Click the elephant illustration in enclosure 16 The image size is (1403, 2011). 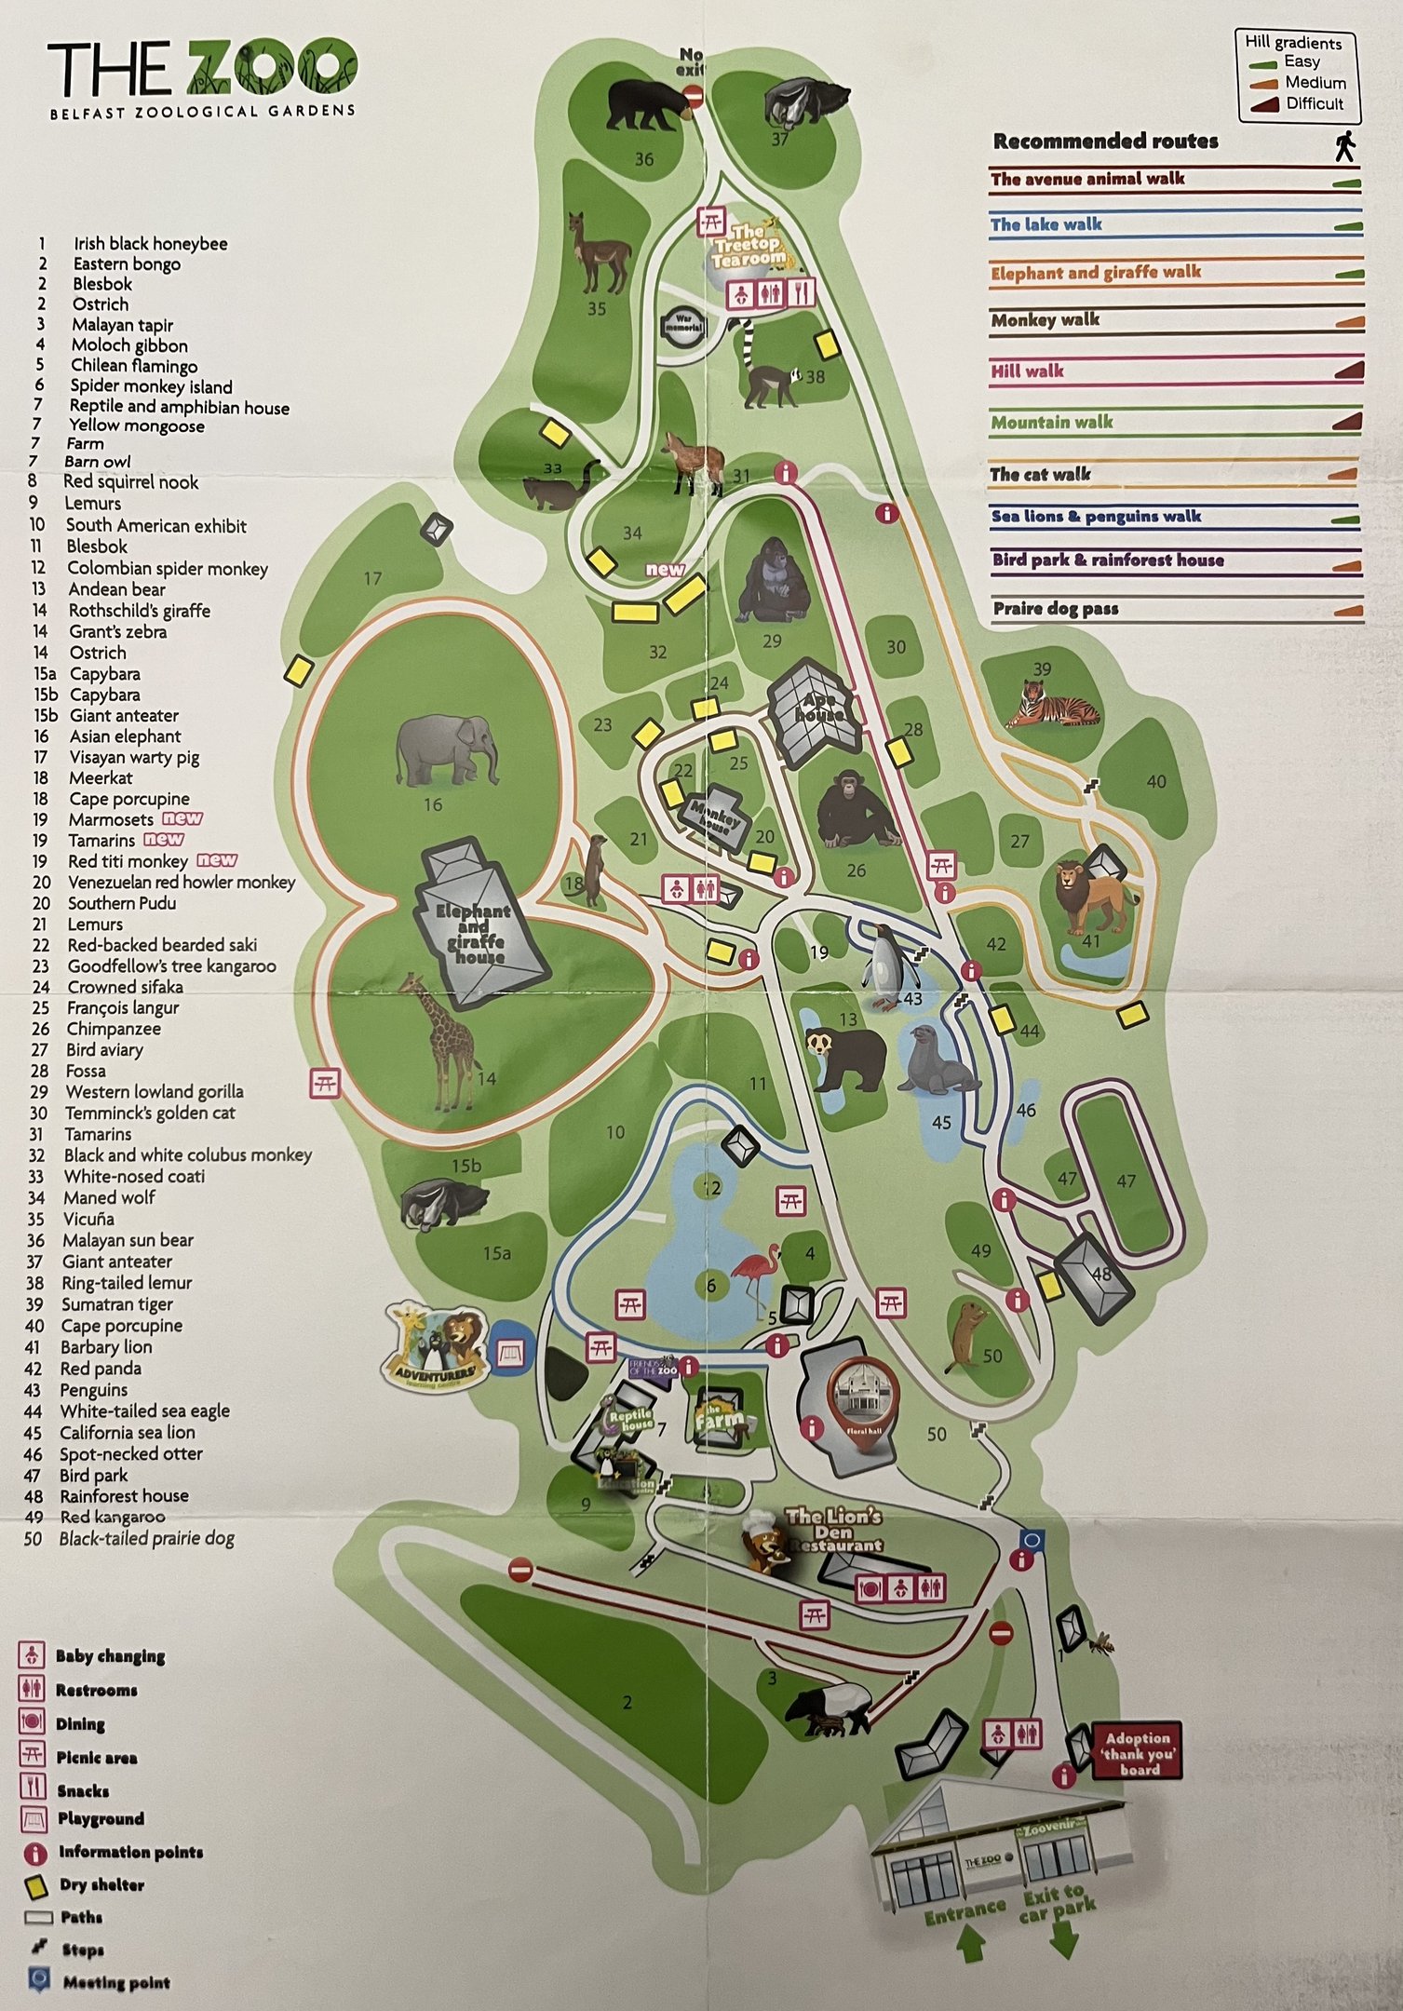pyautogui.click(x=447, y=750)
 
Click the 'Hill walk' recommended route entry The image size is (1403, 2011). pyautogui.click(x=1028, y=371)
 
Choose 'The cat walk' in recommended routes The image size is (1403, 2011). pyautogui.click(x=1040, y=475)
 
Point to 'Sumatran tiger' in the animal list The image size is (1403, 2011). pyautogui.click(x=117, y=1304)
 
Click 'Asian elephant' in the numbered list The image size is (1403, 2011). pyautogui.click(x=125, y=736)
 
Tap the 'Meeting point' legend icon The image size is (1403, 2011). pyautogui.click(x=37, y=1979)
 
